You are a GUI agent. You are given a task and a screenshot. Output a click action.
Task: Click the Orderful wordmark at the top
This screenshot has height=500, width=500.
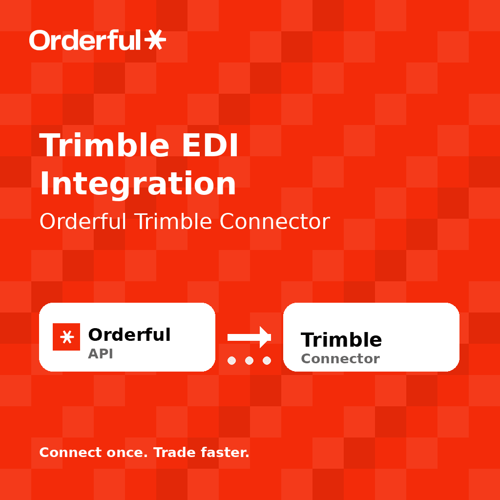pos(85,40)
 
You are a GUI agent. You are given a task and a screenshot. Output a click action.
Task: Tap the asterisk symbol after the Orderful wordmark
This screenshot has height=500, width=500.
pos(155,40)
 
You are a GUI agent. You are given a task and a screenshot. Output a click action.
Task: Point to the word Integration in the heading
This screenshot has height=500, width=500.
pos(138,184)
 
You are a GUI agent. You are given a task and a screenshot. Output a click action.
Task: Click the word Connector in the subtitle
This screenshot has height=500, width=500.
pos(274,222)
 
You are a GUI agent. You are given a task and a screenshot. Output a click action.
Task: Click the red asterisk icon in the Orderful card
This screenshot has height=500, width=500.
pos(66,337)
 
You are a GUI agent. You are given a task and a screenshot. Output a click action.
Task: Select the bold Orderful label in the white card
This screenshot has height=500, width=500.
pos(129,335)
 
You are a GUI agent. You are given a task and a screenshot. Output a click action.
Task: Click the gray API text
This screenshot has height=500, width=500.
pos(101,354)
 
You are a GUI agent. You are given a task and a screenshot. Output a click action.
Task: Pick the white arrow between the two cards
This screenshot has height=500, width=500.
pos(249,337)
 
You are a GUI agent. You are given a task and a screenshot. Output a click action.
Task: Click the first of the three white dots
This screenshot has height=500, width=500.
pos(231,361)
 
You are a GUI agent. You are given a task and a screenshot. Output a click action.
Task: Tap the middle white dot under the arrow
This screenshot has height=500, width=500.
pos(249,361)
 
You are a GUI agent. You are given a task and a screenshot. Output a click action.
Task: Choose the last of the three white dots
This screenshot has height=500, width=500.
pos(267,361)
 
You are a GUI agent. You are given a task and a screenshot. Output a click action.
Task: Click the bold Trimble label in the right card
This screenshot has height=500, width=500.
pos(341,340)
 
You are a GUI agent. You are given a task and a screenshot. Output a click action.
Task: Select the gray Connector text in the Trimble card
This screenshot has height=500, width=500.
pos(340,359)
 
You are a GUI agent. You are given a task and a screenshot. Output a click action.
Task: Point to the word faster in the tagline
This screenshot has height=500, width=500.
pos(225,453)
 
